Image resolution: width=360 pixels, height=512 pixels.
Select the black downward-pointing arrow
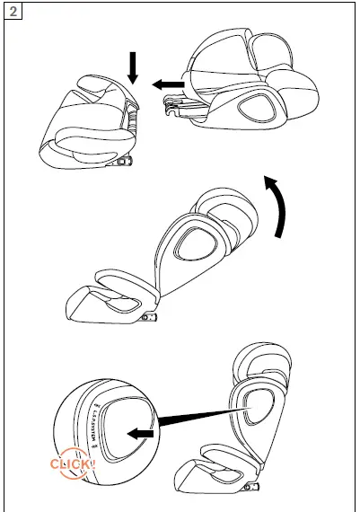pos(132,67)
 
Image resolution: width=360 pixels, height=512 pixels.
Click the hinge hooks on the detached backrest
pos(176,109)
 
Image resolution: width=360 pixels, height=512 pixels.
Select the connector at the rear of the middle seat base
pos(149,318)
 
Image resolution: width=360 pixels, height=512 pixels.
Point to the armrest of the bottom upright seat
pos(211,465)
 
